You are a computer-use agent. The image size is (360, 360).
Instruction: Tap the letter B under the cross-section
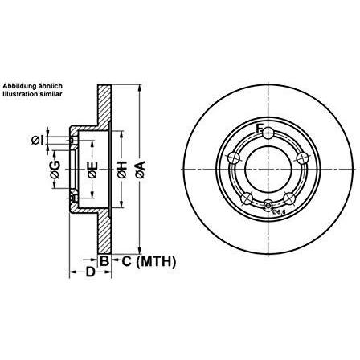[x=104, y=260]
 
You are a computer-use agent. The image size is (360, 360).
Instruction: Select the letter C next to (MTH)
[x=127, y=260]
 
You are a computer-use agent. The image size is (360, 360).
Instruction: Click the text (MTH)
[x=157, y=260]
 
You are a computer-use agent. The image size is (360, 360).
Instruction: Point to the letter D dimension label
[x=91, y=273]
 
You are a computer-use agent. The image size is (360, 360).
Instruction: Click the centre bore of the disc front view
[x=269, y=169]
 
